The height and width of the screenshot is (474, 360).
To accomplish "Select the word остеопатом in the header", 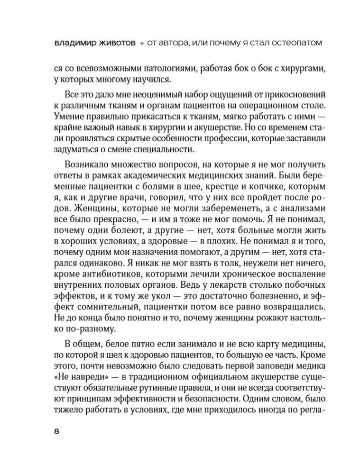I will pos(296,43).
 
